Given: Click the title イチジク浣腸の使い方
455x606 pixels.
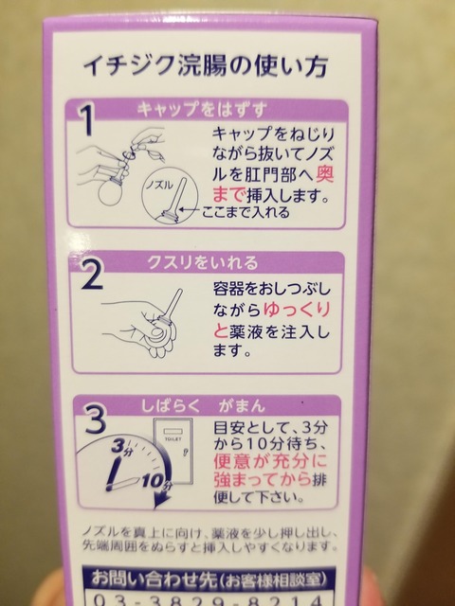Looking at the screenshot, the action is pos(206,65).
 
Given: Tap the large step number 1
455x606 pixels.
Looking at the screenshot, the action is pos(86,119).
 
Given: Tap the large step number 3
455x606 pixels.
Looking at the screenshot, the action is pos(95,419).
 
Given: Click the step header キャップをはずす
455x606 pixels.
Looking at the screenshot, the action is pos(202,110).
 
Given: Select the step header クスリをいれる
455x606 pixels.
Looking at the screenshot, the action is pos(202,262).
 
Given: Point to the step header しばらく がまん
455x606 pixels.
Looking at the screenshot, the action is pos(203,406).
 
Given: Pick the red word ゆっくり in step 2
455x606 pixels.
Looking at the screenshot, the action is pos(297,310).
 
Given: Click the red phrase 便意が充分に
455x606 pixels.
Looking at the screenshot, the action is pos(270,461).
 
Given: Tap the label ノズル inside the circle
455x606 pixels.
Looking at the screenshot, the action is pos(159,186).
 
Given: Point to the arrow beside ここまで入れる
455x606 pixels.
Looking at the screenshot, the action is pos(190,210).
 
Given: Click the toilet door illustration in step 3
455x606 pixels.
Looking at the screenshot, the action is pos(173,451).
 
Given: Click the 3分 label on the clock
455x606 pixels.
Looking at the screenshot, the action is pos(121,447).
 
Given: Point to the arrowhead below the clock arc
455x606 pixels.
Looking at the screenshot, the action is pos(162,500).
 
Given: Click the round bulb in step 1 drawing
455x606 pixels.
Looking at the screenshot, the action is pos(111,191).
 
